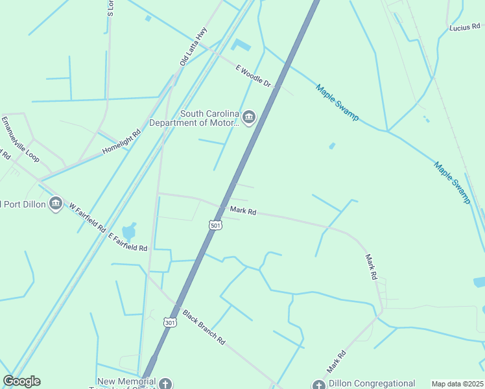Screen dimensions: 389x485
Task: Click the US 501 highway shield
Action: [x=216, y=224]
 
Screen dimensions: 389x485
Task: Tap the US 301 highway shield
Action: [x=169, y=322]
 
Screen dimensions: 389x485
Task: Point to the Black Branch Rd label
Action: [x=203, y=326]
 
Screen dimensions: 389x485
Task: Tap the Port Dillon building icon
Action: [x=56, y=204]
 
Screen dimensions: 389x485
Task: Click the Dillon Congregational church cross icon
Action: [x=318, y=385]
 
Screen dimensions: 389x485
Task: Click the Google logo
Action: [x=21, y=381]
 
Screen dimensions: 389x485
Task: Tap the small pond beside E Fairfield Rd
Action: [x=129, y=231]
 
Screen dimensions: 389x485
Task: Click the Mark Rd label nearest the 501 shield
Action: [x=243, y=211]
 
